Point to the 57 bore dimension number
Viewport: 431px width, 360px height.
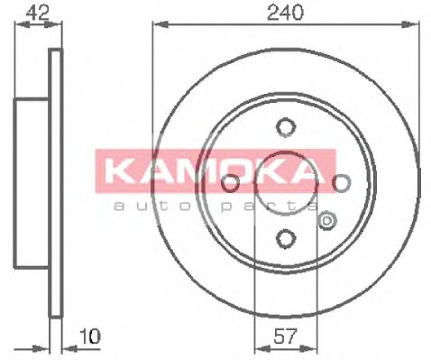[x=284, y=337]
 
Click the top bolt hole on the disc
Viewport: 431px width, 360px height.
[x=285, y=126]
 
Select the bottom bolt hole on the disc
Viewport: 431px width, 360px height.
[x=285, y=238]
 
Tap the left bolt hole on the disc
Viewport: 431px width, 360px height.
[x=229, y=183]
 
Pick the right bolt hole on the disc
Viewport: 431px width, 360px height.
[x=341, y=183]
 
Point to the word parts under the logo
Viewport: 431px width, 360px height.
[x=261, y=207]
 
